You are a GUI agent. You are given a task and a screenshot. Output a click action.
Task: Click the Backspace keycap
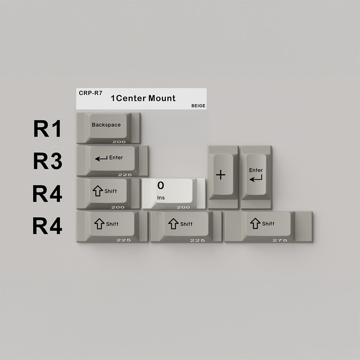tap(108, 128)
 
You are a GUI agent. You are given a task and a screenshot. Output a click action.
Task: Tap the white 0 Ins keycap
tap(174, 194)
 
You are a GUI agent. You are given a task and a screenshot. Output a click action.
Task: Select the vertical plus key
tap(223, 177)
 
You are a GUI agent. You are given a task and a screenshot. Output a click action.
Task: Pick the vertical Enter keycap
tap(256, 177)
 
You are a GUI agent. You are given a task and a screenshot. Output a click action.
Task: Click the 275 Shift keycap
tap(269, 227)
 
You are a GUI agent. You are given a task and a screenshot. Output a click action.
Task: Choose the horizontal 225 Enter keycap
tap(112, 161)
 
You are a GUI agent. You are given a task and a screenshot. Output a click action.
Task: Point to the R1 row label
tap(48, 129)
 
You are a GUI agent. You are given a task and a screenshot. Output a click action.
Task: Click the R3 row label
tap(48, 161)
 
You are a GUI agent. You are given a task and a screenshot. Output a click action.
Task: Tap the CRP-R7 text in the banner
tap(90, 93)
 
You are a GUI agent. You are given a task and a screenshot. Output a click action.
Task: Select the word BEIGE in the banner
tap(198, 106)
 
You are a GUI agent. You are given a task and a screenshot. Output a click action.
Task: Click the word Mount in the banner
tap(162, 98)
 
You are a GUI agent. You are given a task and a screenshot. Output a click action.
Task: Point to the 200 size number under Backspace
tap(119, 142)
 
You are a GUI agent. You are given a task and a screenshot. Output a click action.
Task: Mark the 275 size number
tap(280, 240)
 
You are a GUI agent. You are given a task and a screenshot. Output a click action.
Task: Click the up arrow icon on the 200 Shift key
tap(98, 191)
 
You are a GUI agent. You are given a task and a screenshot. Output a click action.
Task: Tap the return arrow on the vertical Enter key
tap(256, 179)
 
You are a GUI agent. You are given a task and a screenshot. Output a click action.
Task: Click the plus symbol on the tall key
tap(221, 175)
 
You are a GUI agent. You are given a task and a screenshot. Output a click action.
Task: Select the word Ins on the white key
tap(161, 198)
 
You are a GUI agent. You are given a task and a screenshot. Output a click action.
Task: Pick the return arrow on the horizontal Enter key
tap(101, 158)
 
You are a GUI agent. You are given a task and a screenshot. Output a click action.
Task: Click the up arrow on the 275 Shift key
tap(255, 223)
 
